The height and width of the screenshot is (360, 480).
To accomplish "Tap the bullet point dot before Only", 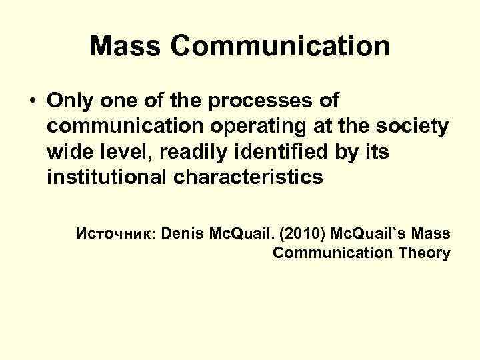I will click(31, 102).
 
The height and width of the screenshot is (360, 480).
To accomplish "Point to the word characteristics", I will click(251, 177).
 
